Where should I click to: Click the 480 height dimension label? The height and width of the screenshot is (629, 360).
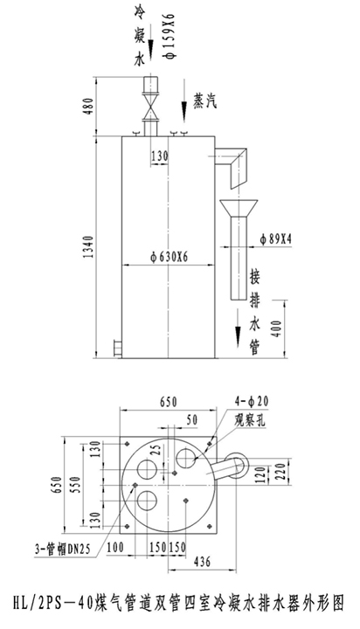click(x=89, y=106)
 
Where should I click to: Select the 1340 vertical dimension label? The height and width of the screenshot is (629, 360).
click(x=89, y=246)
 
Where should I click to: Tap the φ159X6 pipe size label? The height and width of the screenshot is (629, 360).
click(x=170, y=35)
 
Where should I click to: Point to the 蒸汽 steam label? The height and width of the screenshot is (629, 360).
click(x=204, y=101)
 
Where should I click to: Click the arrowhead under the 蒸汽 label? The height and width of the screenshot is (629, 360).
click(x=184, y=113)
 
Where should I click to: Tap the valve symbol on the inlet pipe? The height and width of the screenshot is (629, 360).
click(x=151, y=106)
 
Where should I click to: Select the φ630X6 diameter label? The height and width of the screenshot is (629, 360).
click(x=168, y=257)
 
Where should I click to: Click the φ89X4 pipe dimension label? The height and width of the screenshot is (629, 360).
click(x=275, y=239)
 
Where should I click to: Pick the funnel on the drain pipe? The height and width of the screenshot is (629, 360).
click(x=239, y=208)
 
